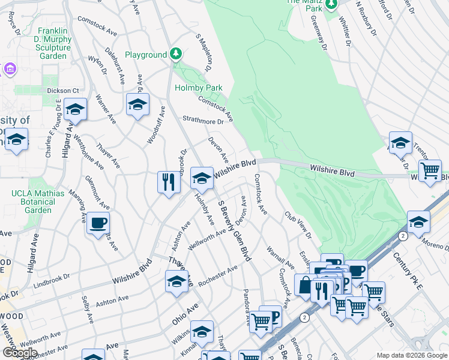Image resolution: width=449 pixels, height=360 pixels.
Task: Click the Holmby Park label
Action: (x=198, y=88)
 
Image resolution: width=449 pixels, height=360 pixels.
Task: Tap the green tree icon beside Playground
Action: (x=175, y=55)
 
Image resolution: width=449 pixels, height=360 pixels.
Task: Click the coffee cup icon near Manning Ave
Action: (x=98, y=223)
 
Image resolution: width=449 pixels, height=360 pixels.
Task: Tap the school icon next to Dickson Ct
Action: (x=75, y=110)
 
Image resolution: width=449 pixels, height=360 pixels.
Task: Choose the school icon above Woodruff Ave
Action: (x=137, y=105)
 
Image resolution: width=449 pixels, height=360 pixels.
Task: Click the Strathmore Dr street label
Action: (x=203, y=121)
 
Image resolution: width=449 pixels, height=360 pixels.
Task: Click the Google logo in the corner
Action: (x=20, y=353)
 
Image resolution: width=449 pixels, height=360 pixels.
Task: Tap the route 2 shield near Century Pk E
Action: (x=403, y=236)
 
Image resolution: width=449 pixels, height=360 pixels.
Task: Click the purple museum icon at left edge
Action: (x=9, y=70)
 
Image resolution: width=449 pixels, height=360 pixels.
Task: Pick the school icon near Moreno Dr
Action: (x=418, y=222)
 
